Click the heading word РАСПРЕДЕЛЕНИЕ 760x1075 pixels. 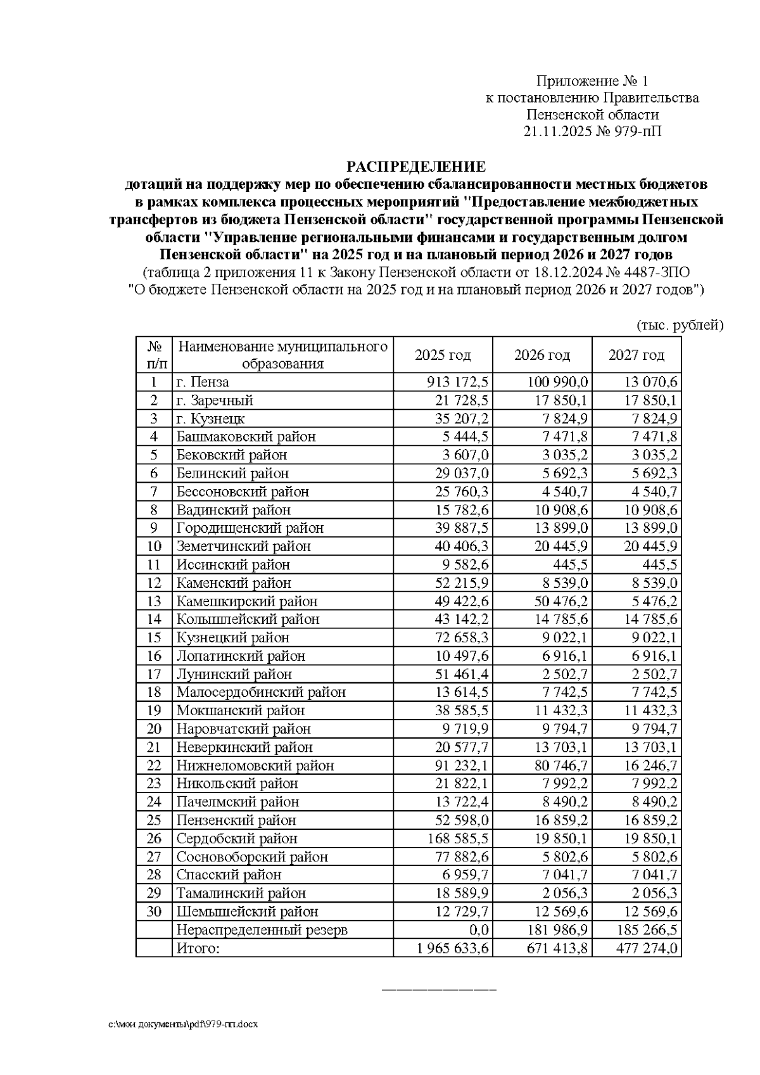pyautogui.click(x=415, y=167)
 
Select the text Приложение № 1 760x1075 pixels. pyautogui.click(x=592, y=81)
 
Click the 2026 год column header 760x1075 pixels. pyautogui.click(x=542, y=355)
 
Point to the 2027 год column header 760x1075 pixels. pyautogui.click(x=636, y=355)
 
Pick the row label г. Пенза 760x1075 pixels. pyautogui.click(x=203, y=382)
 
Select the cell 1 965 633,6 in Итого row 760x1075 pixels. pyautogui.click(x=453, y=948)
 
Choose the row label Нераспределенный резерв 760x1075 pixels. pyautogui.click(x=262, y=930)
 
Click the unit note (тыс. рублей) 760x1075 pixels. pyautogui.click(x=680, y=326)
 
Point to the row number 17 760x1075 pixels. pyautogui.click(x=154, y=674)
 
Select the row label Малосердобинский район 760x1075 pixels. pyautogui.click(x=261, y=692)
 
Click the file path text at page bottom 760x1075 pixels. pyautogui.click(x=183, y=1024)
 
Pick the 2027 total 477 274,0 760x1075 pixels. pyautogui.click(x=647, y=948)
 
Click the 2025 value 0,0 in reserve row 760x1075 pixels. pyautogui.click(x=480, y=930)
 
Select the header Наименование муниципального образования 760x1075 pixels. pyautogui.click(x=282, y=355)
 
